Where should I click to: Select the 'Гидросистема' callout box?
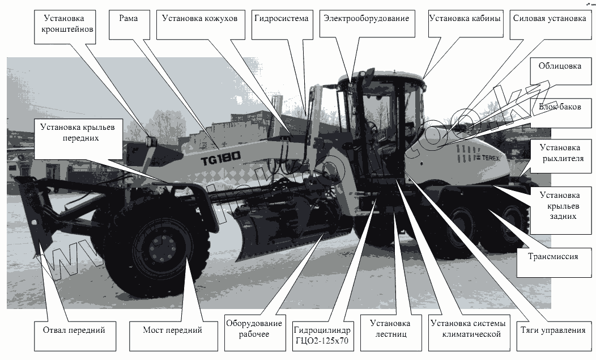pyautogui.click(x=282, y=19)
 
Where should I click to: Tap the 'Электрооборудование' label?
pyautogui.click(x=366, y=19)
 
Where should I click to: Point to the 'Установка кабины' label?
pyautogui.click(x=465, y=19)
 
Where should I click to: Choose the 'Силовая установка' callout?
pyautogui.click(x=549, y=19)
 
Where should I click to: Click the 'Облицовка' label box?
pyautogui.click(x=559, y=66)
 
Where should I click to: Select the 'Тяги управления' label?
pyautogui.click(x=552, y=329)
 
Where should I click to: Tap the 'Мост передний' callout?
pyautogui.click(x=165, y=329)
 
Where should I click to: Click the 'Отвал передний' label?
pyautogui.click(x=74, y=329)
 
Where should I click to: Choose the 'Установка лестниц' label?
pyautogui.click(x=390, y=329)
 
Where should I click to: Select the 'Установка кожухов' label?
pyautogui.click(x=195, y=19)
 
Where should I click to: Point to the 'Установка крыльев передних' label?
pyautogui.click(x=78, y=132)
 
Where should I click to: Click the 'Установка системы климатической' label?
pyautogui.click(x=466, y=329)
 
